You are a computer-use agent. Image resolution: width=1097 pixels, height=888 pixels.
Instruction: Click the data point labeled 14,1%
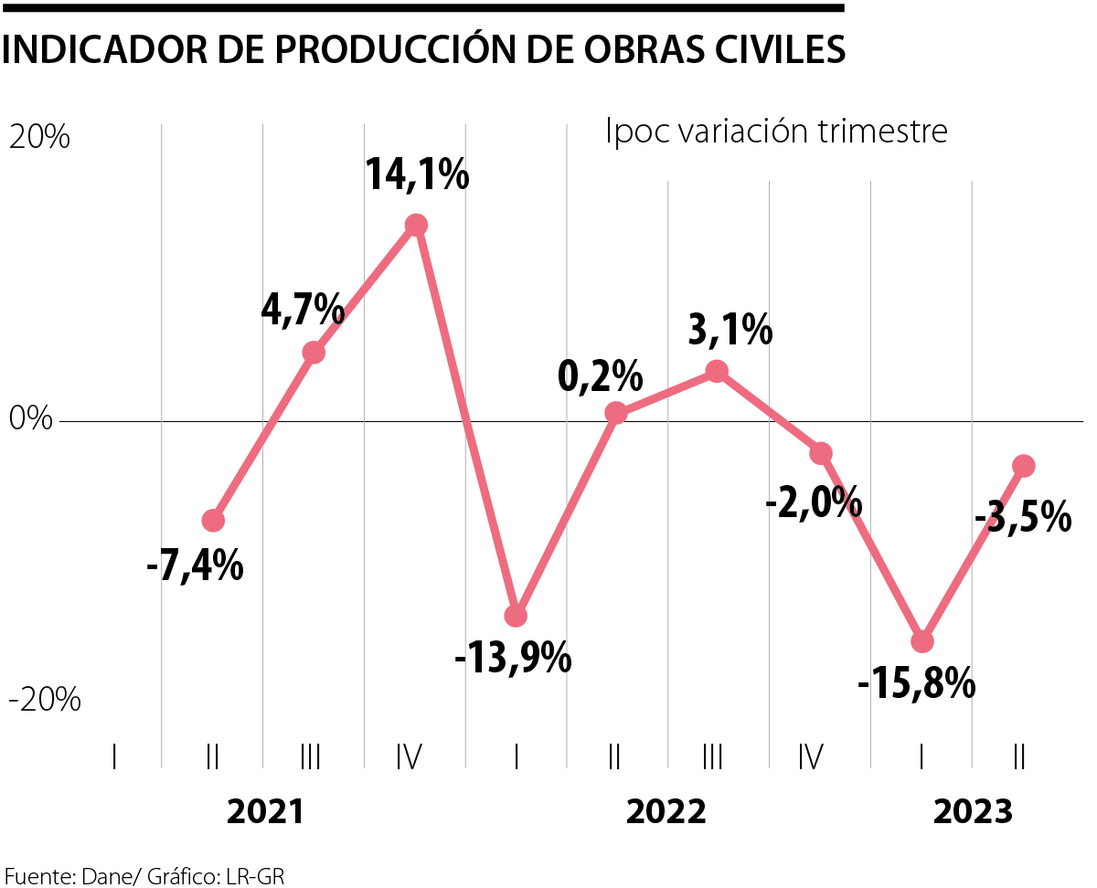(416, 225)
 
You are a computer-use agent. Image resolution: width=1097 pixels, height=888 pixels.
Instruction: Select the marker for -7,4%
(213, 520)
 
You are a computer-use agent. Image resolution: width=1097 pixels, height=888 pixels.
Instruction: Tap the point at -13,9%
(516, 615)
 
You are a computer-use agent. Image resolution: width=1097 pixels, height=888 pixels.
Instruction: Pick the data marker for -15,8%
(922, 641)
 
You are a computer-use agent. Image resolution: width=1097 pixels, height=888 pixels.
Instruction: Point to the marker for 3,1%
(718, 371)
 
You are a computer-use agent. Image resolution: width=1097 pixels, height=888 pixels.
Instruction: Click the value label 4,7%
(303, 310)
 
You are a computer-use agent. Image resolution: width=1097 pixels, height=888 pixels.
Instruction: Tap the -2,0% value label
(814, 502)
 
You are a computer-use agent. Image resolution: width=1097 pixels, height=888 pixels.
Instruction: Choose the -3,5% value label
(1023, 518)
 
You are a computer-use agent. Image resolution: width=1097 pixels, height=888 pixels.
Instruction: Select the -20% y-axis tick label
(45, 701)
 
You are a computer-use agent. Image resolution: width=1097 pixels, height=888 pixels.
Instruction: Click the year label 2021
(264, 811)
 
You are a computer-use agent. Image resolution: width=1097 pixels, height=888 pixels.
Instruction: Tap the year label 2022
(666, 811)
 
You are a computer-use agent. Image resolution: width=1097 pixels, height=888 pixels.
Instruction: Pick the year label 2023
(973, 811)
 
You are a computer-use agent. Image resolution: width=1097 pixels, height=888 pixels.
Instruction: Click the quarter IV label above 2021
(409, 756)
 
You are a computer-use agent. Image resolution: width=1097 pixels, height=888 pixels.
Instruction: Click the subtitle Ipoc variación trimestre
(776, 132)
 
